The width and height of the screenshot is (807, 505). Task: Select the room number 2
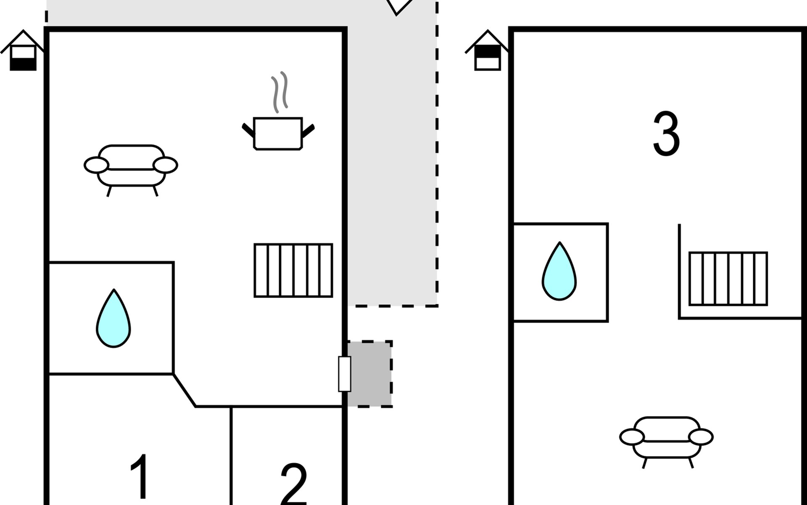[x=293, y=484]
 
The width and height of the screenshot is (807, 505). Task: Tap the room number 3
[x=666, y=134]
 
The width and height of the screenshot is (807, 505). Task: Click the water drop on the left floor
[x=113, y=318]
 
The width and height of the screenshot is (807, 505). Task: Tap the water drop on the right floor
[x=559, y=271]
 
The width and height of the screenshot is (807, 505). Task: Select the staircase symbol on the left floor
[x=293, y=271]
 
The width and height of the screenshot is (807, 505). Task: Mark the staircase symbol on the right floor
[x=728, y=279]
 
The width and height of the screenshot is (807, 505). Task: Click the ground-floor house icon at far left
[x=23, y=50]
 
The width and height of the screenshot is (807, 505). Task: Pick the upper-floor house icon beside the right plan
[x=488, y=50]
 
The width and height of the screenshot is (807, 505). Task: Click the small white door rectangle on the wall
[x=345, y=374]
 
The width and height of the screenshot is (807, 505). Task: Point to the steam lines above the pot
[x=280, y=92]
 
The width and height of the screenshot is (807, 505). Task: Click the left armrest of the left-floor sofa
[x=97, y=165]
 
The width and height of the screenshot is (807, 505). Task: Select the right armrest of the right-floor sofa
[x=701, y=437]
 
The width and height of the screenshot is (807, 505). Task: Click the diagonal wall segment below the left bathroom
[x=185, y=390]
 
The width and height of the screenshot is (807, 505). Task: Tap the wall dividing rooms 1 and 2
[x=231, y=456]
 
